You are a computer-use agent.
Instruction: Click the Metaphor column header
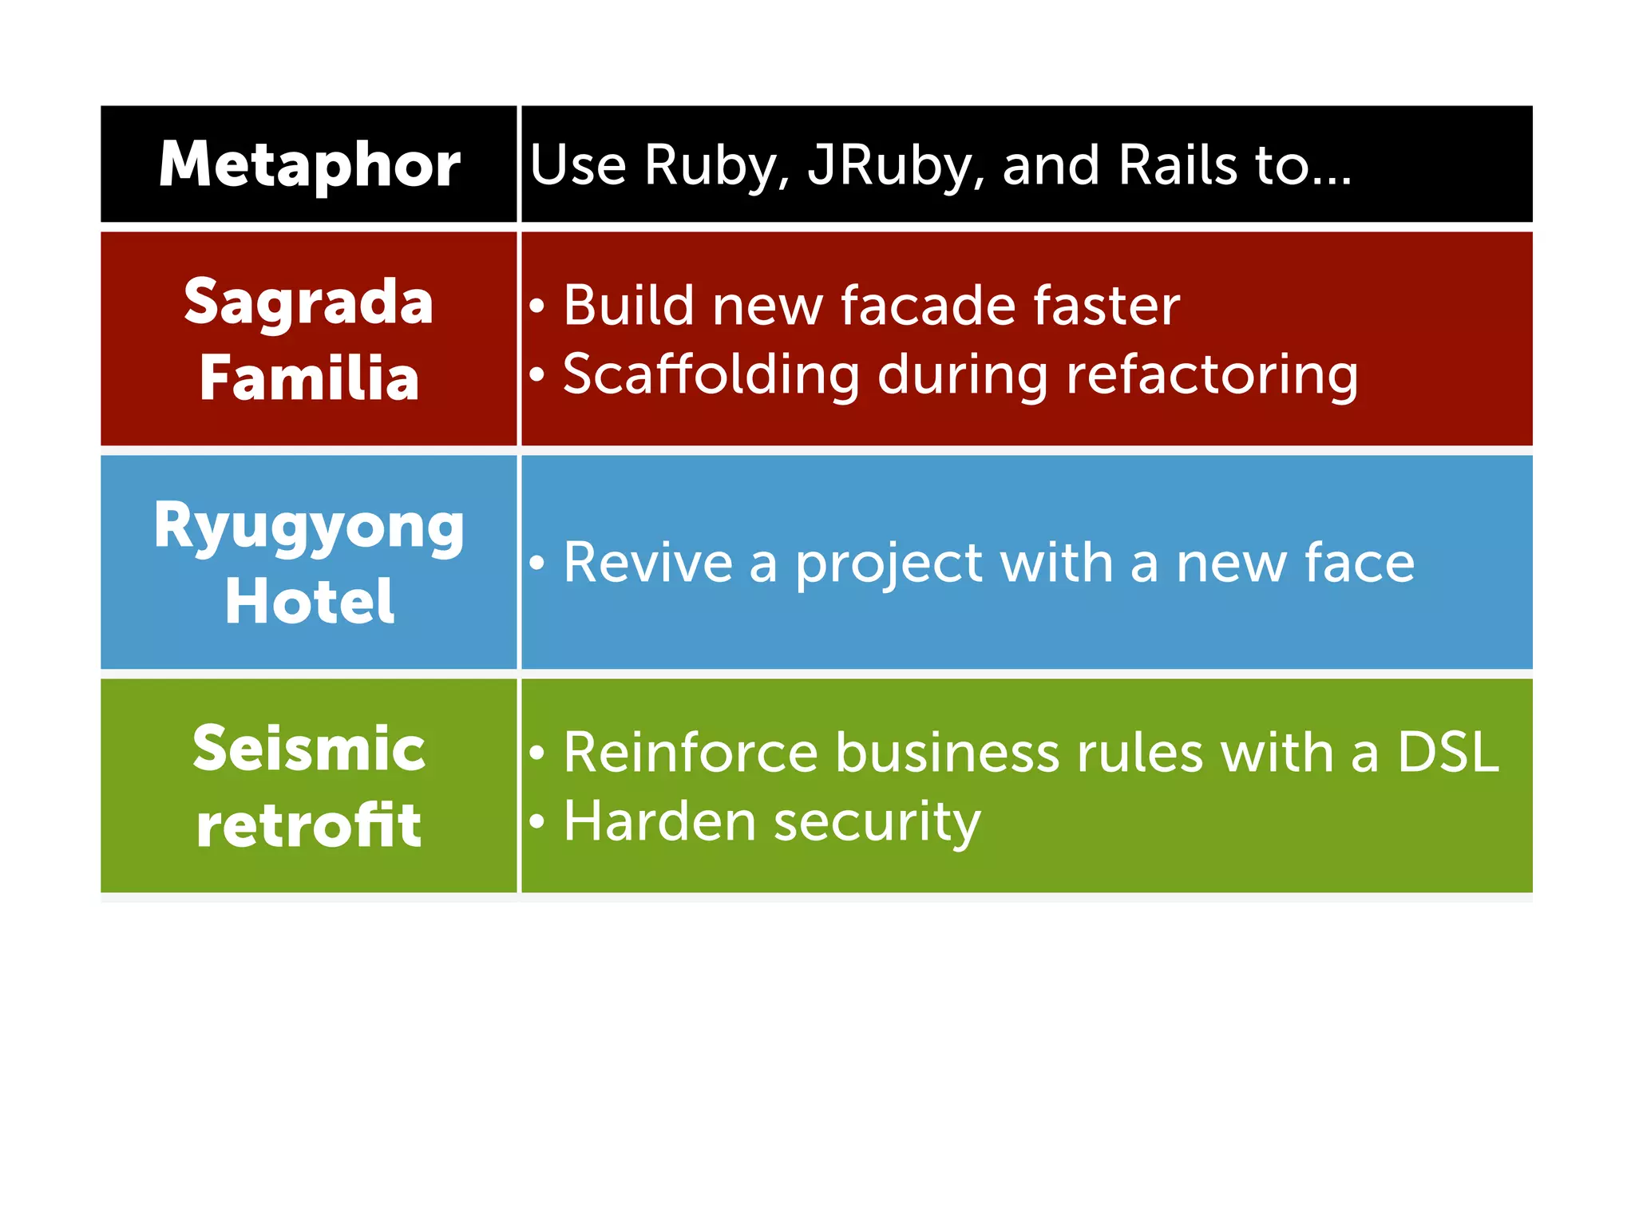click(309, 164)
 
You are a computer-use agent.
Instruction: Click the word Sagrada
click(309, 303)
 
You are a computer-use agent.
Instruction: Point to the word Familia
click(309, 378)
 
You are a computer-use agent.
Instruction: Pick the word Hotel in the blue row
click(309, 601)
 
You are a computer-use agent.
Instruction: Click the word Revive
click(647, 563)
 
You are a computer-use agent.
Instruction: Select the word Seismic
click(309, 749)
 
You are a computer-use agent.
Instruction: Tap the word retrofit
click(309, 825)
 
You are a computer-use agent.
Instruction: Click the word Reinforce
click(691, 752)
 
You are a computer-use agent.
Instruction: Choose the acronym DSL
click(1447, 752)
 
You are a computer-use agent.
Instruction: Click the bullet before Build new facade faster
click(537, 306)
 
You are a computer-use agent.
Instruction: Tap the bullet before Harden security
click(537, 821)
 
